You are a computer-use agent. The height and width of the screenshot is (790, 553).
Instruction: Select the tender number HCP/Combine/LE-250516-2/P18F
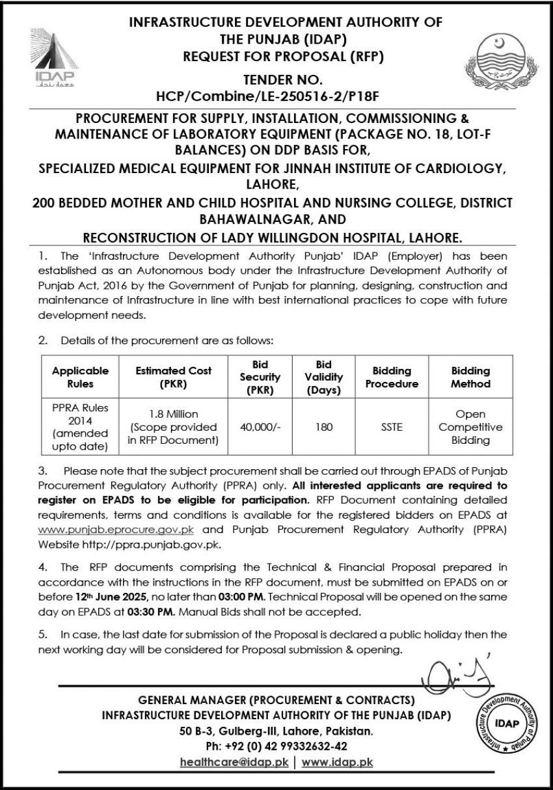pos(276,96)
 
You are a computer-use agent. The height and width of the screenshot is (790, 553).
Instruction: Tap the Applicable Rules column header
pos(80,377)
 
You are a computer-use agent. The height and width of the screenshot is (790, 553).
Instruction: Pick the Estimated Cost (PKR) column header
pos(173,377)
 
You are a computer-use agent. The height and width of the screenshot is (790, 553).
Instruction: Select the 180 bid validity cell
pos(323,428)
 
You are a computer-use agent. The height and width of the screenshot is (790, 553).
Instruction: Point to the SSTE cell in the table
pos(392,428)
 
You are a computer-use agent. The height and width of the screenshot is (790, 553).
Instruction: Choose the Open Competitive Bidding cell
pos(470,428)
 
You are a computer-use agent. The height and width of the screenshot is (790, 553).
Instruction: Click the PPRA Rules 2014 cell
pos(80,428)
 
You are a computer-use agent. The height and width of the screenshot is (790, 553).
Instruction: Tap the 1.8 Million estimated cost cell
pos(173,428)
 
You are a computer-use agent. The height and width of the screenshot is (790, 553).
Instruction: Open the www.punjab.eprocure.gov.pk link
pos(115,530)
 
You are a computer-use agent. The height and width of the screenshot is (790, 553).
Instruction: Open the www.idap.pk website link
pos(337,762)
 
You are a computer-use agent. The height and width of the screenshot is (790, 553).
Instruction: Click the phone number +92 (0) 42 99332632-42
pos(276,746)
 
